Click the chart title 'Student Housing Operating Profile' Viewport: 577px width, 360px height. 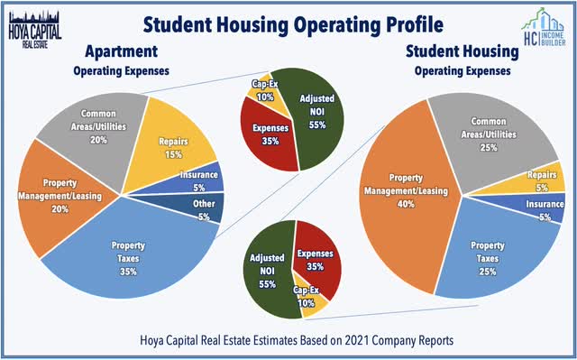pos(288,22)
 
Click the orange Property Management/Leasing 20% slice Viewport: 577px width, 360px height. pos(59,198)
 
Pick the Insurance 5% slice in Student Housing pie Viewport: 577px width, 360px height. pos(544,213)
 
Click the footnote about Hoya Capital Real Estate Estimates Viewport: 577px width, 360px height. pos(288,339)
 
